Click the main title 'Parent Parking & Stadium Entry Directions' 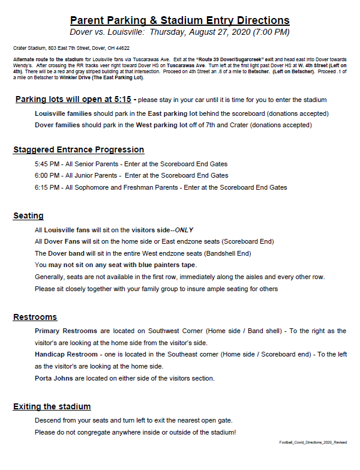pyautogui.click(x=180, y=20)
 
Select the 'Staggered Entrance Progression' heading pyautogui.click(x=79, y=149)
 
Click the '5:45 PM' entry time pyautogui.click(x=47, y=164)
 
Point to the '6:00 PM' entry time pyautogui.click(x=47, y=175)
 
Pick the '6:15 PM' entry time pyautogui.click(x=47, y=187)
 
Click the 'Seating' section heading pyautogui.click(x=28, y=215)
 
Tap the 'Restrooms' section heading pyautogui.click(x=35, y=317)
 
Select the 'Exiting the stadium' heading pyautogui.click(x=52, y=406)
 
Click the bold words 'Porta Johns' pyautogui.click(x=54, y=378)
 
